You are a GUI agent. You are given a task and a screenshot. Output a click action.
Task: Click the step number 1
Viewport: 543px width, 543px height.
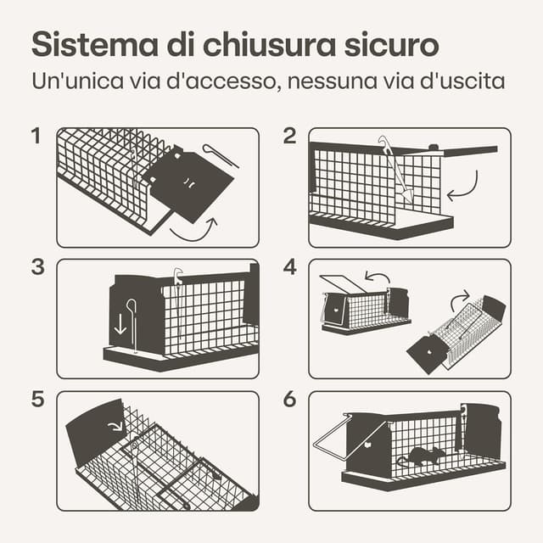(36, 136)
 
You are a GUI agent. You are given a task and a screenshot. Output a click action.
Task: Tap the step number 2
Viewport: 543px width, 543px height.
(289, 136)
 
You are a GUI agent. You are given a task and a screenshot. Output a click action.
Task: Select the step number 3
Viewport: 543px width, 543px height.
(36, 266)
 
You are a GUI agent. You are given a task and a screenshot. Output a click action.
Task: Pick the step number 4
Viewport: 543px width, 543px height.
(290, 266)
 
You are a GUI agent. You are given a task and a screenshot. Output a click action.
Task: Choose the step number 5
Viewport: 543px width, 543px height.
(36, 399)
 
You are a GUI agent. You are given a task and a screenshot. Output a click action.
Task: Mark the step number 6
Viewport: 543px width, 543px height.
(290, 399)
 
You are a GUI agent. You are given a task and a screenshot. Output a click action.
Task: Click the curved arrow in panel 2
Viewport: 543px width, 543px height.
(464, 188)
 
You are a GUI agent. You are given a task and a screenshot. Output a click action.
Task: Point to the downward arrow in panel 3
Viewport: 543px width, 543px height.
(119, 322)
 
